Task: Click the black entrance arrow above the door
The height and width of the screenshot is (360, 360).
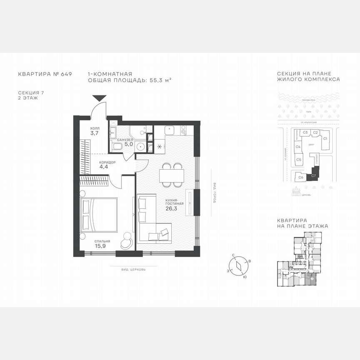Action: [99, 98]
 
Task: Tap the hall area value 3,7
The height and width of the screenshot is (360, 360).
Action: [95, 133]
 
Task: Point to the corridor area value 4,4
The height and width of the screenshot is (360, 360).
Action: [104, 167]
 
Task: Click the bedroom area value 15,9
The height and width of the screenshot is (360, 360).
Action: [102, 246]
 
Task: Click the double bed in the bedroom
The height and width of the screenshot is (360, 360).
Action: [98, 214]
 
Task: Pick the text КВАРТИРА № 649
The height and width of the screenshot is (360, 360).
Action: [45, 74]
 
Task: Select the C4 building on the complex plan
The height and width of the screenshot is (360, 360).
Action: [298, 147]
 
